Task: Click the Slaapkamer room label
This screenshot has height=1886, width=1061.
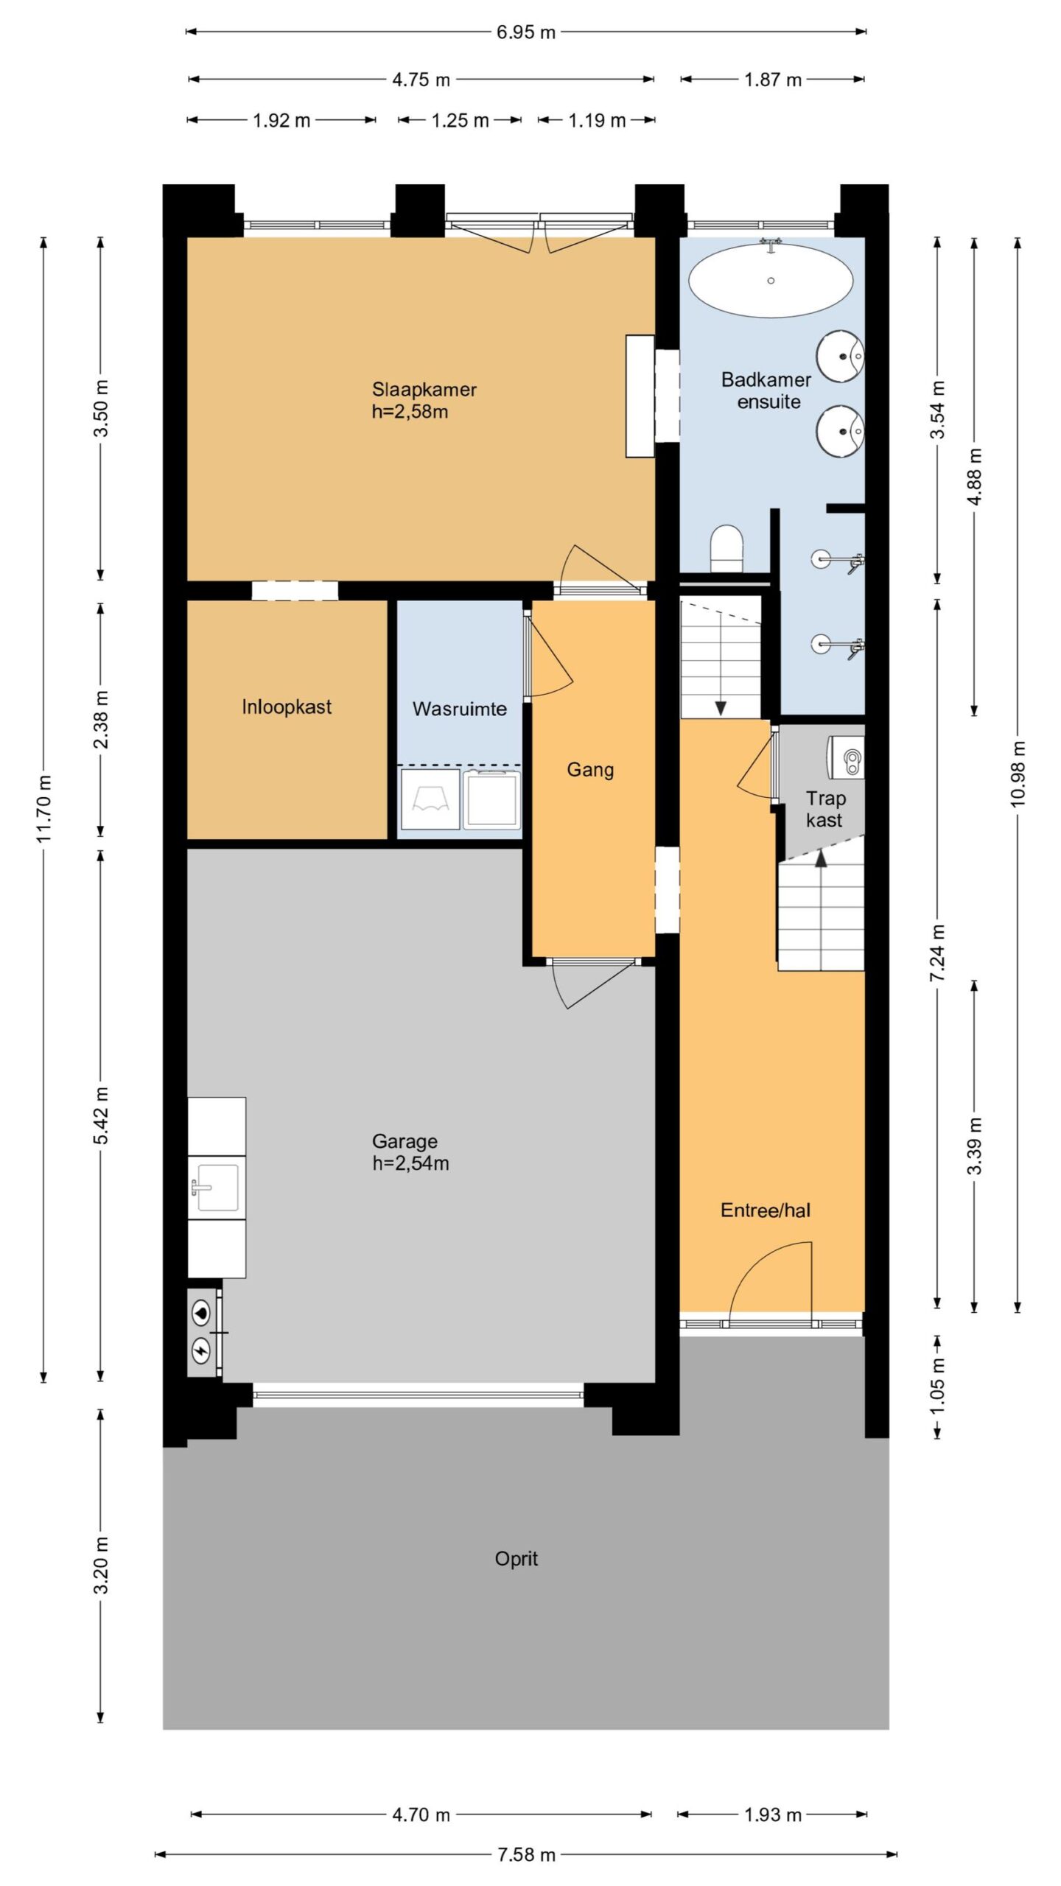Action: (424, 389)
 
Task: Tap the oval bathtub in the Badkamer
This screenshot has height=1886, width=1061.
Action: (771, 281)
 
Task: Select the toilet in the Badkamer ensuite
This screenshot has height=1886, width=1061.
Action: (726, 547)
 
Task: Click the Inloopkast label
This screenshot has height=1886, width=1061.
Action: (287, 707)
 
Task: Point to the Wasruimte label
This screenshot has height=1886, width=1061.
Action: (460, 709)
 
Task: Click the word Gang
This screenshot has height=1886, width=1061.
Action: (590, 771)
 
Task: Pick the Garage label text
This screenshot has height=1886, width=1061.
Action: (405, 1141)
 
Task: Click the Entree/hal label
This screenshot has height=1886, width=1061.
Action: (766, 1210)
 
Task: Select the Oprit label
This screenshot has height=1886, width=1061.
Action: (516, 1559)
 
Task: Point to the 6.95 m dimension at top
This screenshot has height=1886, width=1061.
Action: (525, 32)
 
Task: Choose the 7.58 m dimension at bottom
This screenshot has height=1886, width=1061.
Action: (526, 1855)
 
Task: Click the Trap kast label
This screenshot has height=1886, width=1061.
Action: (824, 809)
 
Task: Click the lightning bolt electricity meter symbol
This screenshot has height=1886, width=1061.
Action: (201, 1350)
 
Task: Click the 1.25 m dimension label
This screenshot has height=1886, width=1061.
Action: (460, 121)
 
